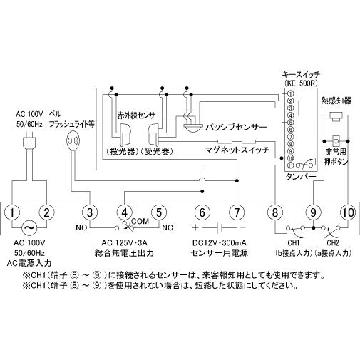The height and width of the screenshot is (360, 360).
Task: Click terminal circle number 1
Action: click(14, 212)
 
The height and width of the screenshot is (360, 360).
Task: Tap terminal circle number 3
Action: click(89, 212)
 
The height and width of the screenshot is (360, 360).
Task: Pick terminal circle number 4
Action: click(125, 212)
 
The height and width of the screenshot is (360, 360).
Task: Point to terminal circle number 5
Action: click(161, 212)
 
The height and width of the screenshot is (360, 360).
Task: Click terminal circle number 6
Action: click(202, 212)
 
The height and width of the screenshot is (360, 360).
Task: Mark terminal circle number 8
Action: click(276, 212)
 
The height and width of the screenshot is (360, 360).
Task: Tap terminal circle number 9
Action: click(312, 212)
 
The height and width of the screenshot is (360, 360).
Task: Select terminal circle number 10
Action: click(347, 212)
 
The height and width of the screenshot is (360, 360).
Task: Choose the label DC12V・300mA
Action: click(220, 243)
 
